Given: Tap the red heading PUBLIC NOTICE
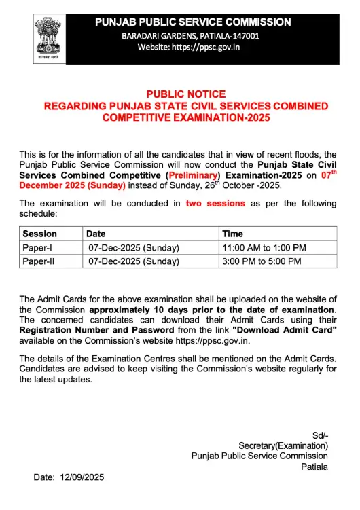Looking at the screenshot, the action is (x=186, y=94).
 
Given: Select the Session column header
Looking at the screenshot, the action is (x=40, y=234).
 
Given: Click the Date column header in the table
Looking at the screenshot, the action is (x=96, y=234).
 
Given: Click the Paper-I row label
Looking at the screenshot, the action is (x=39, y=247).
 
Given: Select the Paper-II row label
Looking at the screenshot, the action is (x=40, y=261).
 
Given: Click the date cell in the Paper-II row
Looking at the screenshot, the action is (x=134, y=261).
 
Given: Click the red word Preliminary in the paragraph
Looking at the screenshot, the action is (x=194, y=175).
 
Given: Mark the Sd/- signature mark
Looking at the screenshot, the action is (x=320, y=435).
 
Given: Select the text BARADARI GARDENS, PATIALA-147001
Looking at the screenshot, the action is (x=190, y=35).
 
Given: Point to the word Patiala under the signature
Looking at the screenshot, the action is (x=314, y=467).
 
